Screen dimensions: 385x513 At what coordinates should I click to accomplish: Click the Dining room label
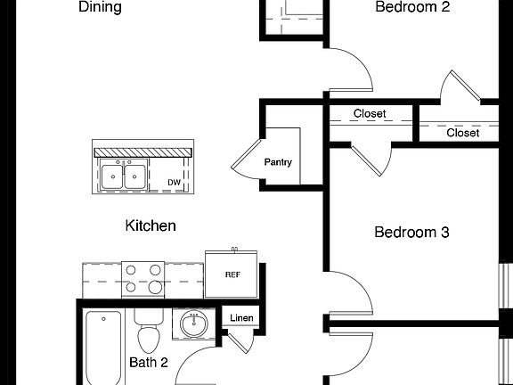coord(100,7)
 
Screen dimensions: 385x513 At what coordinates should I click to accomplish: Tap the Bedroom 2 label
coord(412,7)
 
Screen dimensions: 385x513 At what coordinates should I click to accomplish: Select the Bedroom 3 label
coord(411,233)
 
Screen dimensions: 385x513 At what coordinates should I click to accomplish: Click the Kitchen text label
coord(150,225)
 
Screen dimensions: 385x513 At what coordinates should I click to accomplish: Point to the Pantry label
coord(278,163)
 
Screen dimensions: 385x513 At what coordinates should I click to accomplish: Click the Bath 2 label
coord(149,362)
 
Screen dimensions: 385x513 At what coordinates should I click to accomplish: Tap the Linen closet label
coord(240,318)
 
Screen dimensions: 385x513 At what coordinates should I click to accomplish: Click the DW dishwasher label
coord(175,183)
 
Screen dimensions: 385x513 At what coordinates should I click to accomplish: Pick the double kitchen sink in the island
coord(124,176)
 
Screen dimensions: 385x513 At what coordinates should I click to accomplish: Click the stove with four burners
coord(142,278)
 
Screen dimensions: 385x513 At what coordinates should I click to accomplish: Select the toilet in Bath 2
coord(148,332)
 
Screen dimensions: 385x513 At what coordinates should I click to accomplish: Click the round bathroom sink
coord(193,324)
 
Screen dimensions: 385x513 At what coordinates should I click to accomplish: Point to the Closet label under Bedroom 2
coord(370,114)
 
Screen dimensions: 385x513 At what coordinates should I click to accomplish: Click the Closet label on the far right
coord(462,133)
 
